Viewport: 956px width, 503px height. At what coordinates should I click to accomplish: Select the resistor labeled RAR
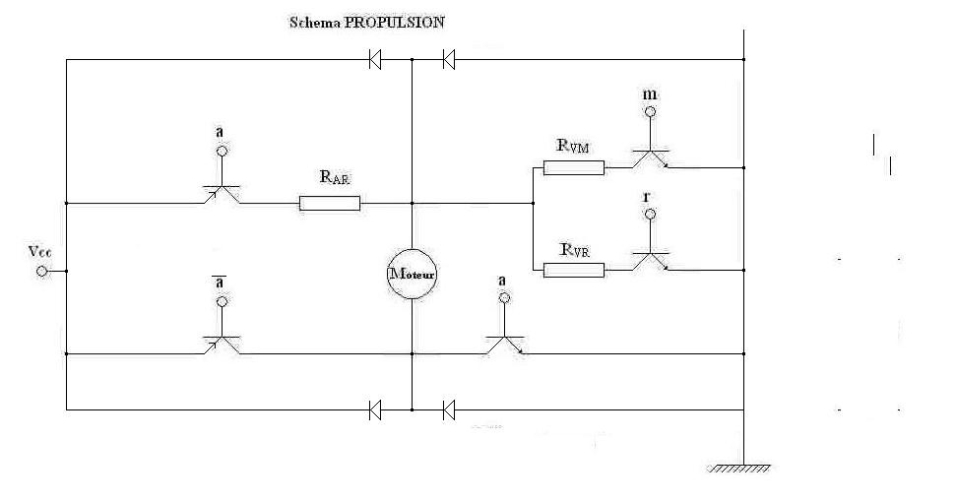point(330,204)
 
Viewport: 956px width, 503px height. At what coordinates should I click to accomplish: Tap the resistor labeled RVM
point(573,167)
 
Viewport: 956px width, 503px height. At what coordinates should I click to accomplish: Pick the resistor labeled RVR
point(573,269)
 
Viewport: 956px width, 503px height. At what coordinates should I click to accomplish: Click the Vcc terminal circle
point(41,270)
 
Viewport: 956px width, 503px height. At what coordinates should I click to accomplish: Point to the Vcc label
point(40,250)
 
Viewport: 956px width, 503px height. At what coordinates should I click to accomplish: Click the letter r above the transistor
point(647,196)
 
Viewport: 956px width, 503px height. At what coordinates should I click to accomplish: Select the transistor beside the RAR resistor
point(221,193)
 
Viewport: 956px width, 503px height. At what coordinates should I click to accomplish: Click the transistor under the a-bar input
point(221,343)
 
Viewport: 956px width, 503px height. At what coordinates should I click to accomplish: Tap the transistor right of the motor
point(503,343)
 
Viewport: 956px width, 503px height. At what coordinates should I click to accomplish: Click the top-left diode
point(375,60)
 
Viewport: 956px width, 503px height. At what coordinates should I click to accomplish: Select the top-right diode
point(448,60)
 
